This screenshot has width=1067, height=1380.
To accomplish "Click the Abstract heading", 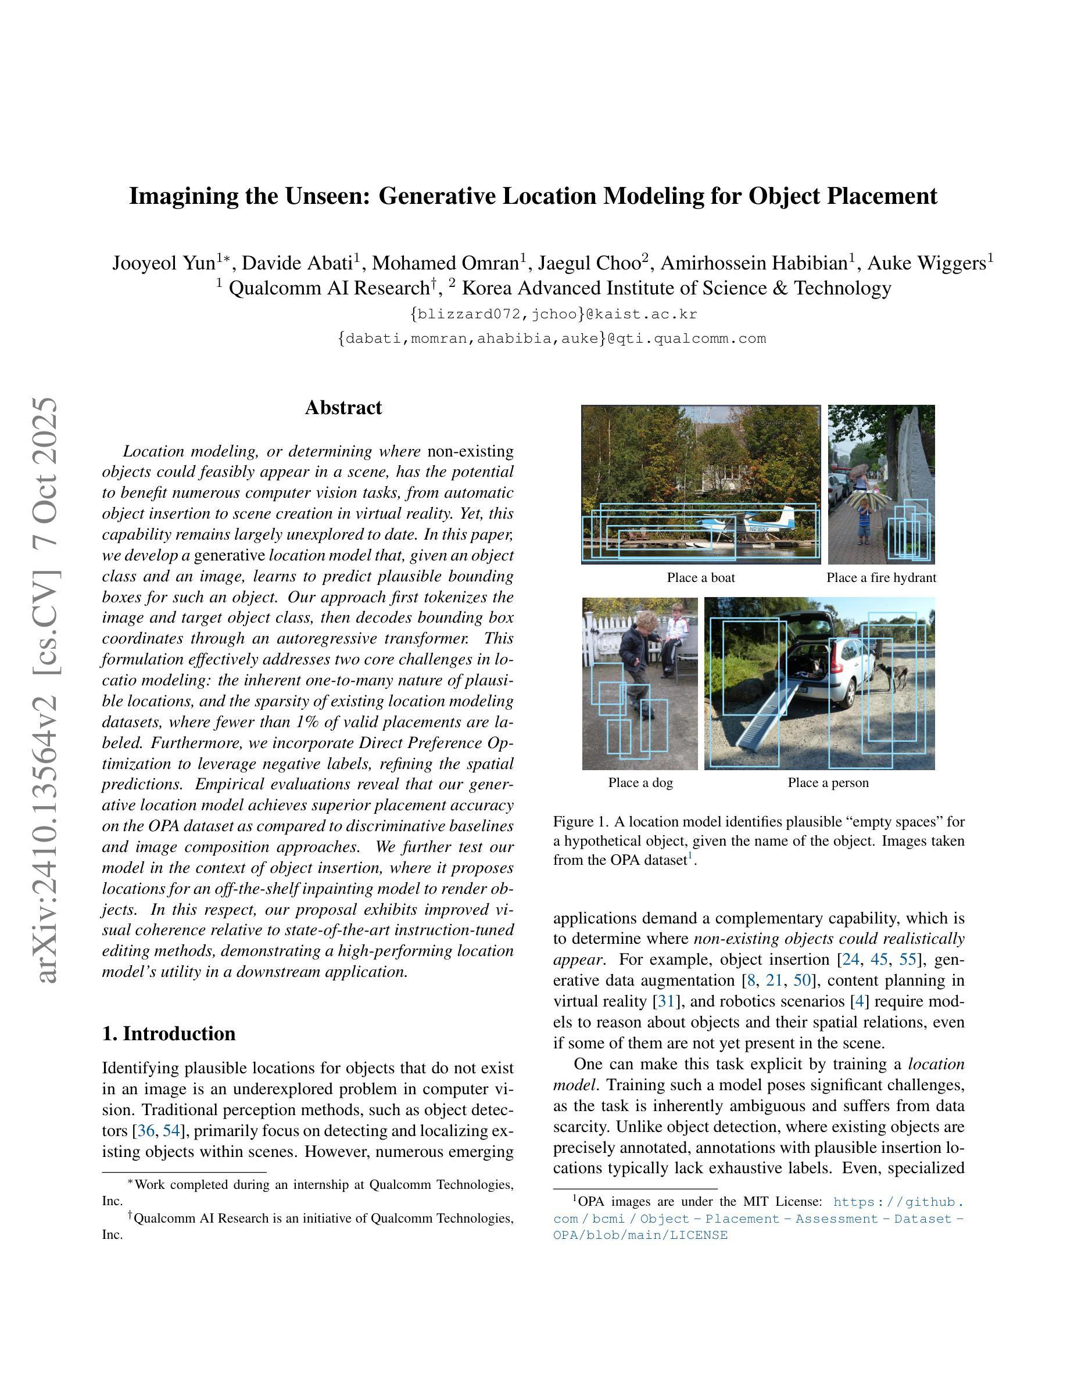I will coord(343,408).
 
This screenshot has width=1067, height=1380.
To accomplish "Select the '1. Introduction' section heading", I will coord(168,1033).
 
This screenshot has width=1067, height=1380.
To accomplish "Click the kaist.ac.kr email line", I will coord(553,314).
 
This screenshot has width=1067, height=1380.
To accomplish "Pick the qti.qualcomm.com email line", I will coord(552,339).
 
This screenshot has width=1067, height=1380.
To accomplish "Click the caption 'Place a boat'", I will coord(700,577).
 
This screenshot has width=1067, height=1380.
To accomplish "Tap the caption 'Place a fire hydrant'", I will coord(880,577).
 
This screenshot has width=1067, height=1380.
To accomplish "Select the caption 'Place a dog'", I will coord(640,782).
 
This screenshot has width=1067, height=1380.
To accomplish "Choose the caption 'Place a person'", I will coord(828,782).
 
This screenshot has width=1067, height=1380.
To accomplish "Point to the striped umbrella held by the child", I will coord(865,502).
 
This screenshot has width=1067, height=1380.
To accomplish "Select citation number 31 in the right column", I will coord(665,1001).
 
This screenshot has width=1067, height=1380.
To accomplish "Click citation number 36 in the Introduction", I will coord(145,1130).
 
